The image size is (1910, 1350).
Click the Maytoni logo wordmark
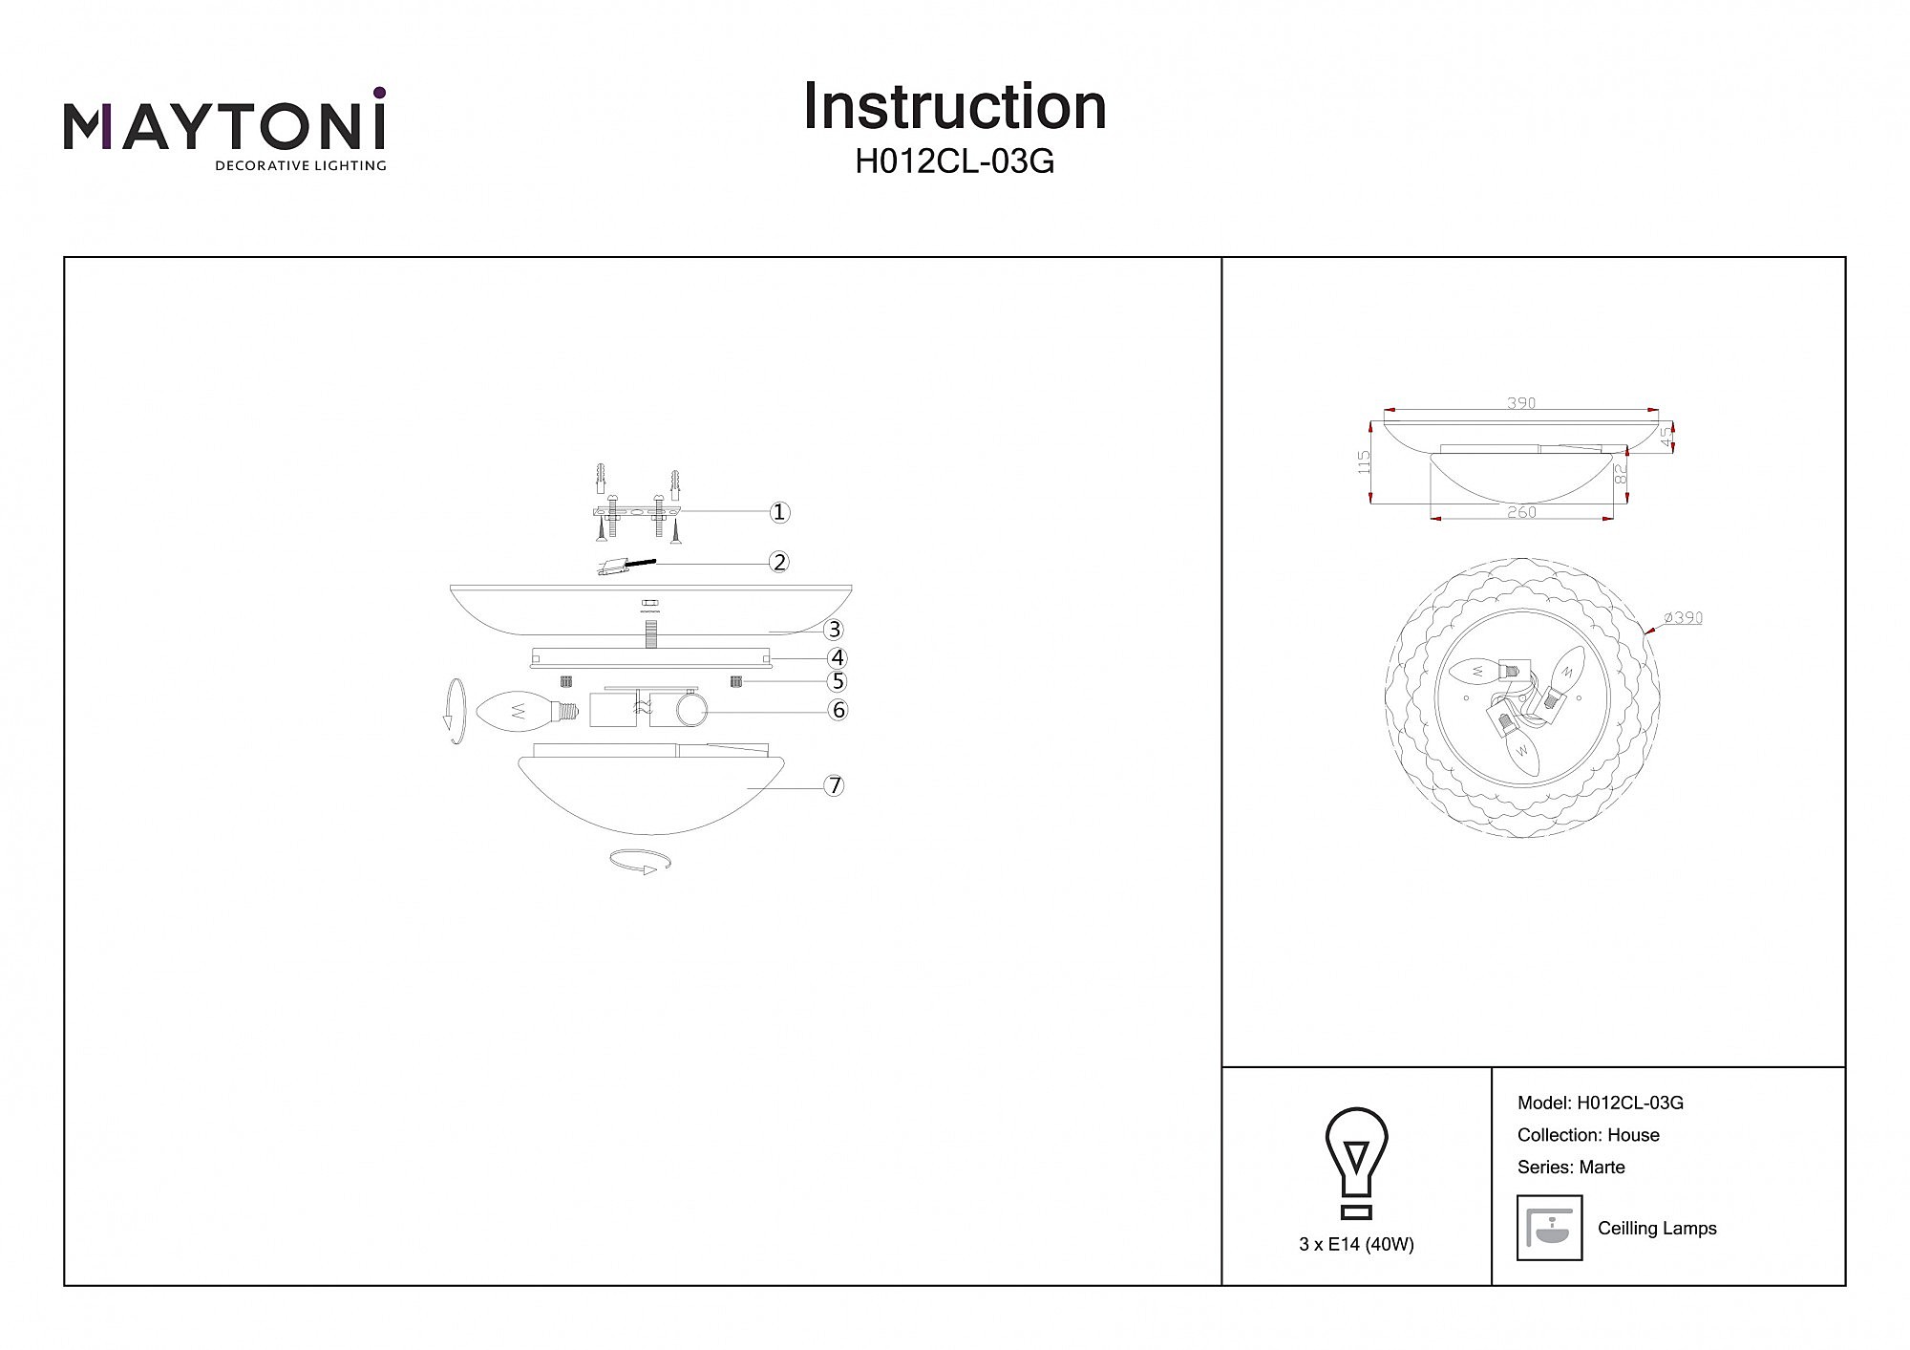pyautogui.click(x=224, y=127)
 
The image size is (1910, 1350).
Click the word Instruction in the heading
pyautogui.click(x=954, y=106)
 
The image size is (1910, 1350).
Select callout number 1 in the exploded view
pyautogui.click(x=780, y=512)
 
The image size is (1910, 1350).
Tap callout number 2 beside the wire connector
pyautogui.click(x=780, y=562)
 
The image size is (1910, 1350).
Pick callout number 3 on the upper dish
pyautogui.click(x=835, y=629)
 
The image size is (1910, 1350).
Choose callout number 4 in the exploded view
pyautogui.click(x=838, y=657)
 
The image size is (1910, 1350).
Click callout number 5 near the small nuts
pyautogui.click(x=838, y=681)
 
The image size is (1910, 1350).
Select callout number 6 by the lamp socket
pyautogui.click(x=838, y=710)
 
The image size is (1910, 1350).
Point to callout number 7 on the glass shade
pyautogui.click(x=835, y=785)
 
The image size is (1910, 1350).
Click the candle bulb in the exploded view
pyautogui.click(x=526, y=712)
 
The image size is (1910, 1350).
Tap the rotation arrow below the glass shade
pyautogui.click(x=640, y=861)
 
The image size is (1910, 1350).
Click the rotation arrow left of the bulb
pyautogui.click(x=457, y=711)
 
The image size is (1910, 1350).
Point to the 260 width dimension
pyautogui.click(x=1521, y=512)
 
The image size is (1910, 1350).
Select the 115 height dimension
pyautogui.click(x=1364, y=462)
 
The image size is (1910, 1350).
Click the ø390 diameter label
pyautogui.click(x=1683, y=618)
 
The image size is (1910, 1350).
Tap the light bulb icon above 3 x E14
pyautogui.click(x=1356, y=1163)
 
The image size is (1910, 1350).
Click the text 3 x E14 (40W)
pyautogui.click(x=1356, y=1245)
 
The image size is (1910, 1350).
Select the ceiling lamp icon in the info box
pyautogui.click(x=1549, y=1228)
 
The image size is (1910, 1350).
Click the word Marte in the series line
pyautogui.click(x=1602, y=1168)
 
